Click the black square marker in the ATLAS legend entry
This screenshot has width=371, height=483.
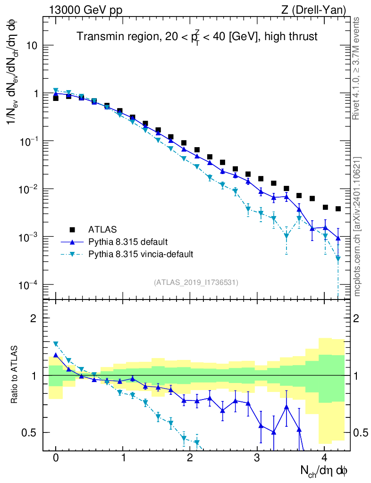pos(72,230)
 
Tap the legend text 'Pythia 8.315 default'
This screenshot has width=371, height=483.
pos(127,242)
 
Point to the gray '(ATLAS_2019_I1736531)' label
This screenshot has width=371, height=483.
pos(196,283)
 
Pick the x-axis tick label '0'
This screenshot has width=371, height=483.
pos(56,458)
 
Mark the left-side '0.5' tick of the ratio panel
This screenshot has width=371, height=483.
pos(31,433)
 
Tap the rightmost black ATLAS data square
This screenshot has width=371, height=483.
pos(338,209)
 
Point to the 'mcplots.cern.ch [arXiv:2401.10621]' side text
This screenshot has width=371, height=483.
pos(357,226)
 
